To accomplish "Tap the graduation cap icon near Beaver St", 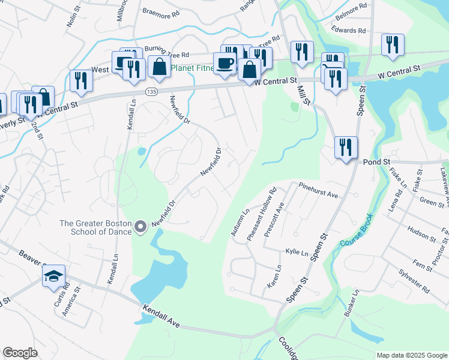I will (54, 277).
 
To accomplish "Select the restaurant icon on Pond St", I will (346, 148).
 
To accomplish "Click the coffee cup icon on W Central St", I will (226, 64).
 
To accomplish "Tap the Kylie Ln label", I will (297, 253).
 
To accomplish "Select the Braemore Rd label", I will (160, 11).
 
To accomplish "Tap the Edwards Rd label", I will (348, 30).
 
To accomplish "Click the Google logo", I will (20, 353).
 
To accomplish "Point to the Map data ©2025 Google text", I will (411, 355).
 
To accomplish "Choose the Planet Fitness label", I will (193, 68).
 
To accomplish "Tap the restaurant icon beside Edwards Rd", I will (393, 45).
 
